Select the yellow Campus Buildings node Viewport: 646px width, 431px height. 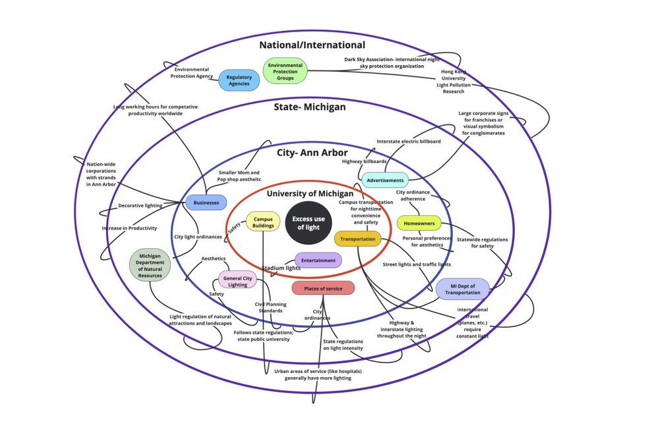coord(263,222)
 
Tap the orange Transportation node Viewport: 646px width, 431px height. coord(357,239)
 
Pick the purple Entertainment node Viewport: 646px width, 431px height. coord(318,260)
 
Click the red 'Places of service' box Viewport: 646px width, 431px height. coord(323,288)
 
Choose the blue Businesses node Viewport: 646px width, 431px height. coord(206,203)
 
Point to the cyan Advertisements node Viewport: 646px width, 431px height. coord(385,180)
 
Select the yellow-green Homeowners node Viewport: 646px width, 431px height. coord(419,223)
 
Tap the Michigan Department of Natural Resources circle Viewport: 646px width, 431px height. coord(150,266)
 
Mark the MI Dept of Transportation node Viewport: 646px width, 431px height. coord(463,288)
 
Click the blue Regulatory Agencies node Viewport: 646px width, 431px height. coord(239,80)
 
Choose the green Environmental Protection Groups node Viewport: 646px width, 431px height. coord(285,71)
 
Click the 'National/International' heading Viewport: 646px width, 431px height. coord(312,45)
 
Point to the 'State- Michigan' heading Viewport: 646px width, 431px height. coord(310,107)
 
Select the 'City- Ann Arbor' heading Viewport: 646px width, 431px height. coord(312,153)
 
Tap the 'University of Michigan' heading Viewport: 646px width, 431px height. coord(310,193)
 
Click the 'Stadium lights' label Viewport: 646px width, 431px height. coord(281,268)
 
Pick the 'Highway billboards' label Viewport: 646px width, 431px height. coord(365,161)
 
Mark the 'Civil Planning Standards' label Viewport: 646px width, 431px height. coord(270,307)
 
